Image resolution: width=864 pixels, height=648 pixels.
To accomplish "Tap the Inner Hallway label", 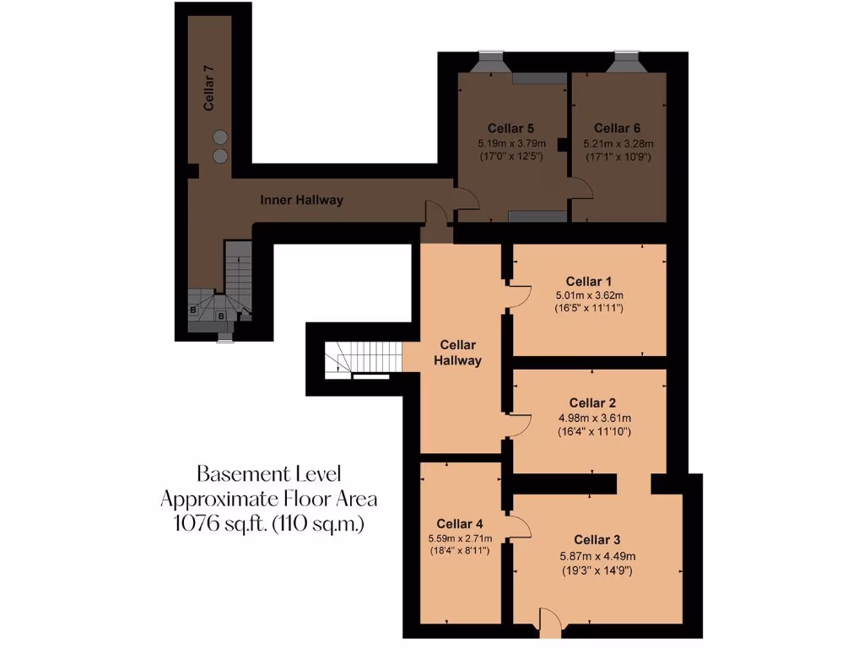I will [x=301, y=200].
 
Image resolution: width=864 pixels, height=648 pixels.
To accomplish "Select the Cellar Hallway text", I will [x=457, y=353].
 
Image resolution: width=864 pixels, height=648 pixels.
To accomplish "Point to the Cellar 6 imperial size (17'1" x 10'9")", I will [x=618, y=156].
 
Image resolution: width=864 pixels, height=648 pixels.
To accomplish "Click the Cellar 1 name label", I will [x=589, y=281].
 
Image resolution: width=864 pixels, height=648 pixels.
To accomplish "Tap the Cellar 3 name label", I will [x=597, y=539].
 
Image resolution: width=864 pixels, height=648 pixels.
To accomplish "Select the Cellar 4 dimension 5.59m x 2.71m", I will [x=461, y=538].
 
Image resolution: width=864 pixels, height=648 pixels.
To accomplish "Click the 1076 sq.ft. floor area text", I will [x=268, y=523].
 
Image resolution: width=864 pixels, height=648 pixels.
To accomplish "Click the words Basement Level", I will [x=268, y=472].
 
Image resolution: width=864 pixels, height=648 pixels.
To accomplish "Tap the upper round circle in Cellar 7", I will [x=220, y=137].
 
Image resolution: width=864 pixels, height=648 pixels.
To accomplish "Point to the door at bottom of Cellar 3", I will [x=549, y=624].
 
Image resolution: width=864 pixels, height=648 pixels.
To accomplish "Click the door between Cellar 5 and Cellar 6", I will [x=579, y=187].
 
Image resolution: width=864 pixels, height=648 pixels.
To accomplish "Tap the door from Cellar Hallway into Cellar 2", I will [x=519, y=425].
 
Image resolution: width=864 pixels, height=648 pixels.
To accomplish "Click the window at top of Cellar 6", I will [x=626, y=62].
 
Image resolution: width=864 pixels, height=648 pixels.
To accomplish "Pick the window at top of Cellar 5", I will [x=491, y=62].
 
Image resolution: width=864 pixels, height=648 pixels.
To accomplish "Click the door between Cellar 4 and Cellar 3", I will [x=519, y=528].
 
